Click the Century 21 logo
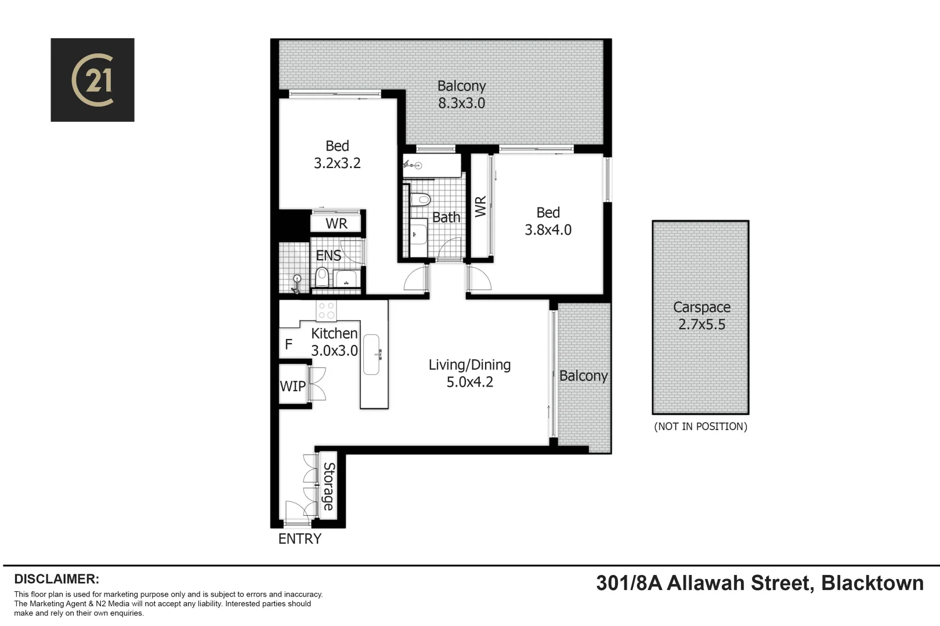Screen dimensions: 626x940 tap(92, 80)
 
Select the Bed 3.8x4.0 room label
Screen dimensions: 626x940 tap(548, 221)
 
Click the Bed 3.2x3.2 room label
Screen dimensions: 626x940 tap(337, 155)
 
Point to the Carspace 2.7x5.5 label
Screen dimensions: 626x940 tap(701, 316)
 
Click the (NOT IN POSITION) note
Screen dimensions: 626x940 tap(700, 427)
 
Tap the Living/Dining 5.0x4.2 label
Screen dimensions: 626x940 tap(469, 373)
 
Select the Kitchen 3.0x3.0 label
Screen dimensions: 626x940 tap(334, 342)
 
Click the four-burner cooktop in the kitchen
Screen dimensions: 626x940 tap(326, 311)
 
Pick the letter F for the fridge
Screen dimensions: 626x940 tap(288, 345)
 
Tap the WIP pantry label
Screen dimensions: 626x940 tap(292, 386)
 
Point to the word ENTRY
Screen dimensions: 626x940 tap(299, 539)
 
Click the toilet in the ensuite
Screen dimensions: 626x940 tap(321, 277)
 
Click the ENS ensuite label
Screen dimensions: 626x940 tap(328, 256)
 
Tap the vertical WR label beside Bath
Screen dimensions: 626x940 tap(480, 206)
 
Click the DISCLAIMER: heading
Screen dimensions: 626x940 tap(56, 579)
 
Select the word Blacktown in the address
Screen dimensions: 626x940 tap(872, 583)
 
